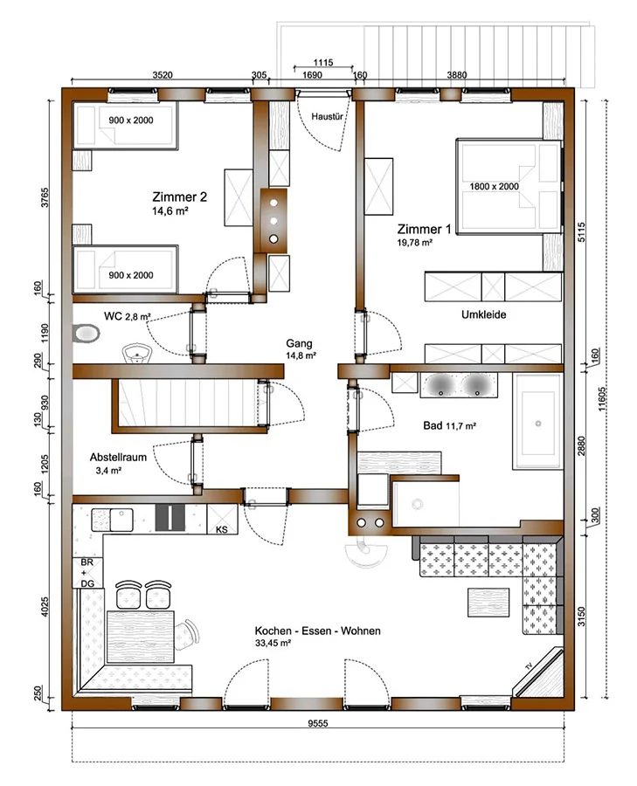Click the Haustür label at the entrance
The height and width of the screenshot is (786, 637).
327,117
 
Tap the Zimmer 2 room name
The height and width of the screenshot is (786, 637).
179,197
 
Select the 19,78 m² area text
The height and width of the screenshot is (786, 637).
415,243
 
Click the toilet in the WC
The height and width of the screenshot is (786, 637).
87,334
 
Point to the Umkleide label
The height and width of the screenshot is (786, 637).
483,314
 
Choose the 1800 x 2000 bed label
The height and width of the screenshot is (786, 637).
494,187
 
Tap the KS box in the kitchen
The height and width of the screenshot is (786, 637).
222,520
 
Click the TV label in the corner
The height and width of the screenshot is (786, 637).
528,666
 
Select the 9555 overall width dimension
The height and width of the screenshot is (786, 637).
318,723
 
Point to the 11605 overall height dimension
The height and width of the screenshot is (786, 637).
602,399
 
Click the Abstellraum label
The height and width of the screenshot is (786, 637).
118,457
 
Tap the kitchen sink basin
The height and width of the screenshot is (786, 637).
121,520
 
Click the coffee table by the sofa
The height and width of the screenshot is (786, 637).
488,602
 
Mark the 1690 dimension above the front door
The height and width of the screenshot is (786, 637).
312,75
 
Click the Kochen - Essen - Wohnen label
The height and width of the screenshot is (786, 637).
317,631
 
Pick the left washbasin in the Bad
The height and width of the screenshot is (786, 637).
441,385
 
